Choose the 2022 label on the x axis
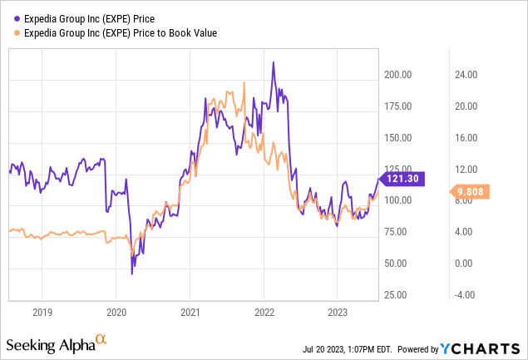tap(264, 313)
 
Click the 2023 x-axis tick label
tap(337, 313)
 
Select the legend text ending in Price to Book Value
tap(122, 32)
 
